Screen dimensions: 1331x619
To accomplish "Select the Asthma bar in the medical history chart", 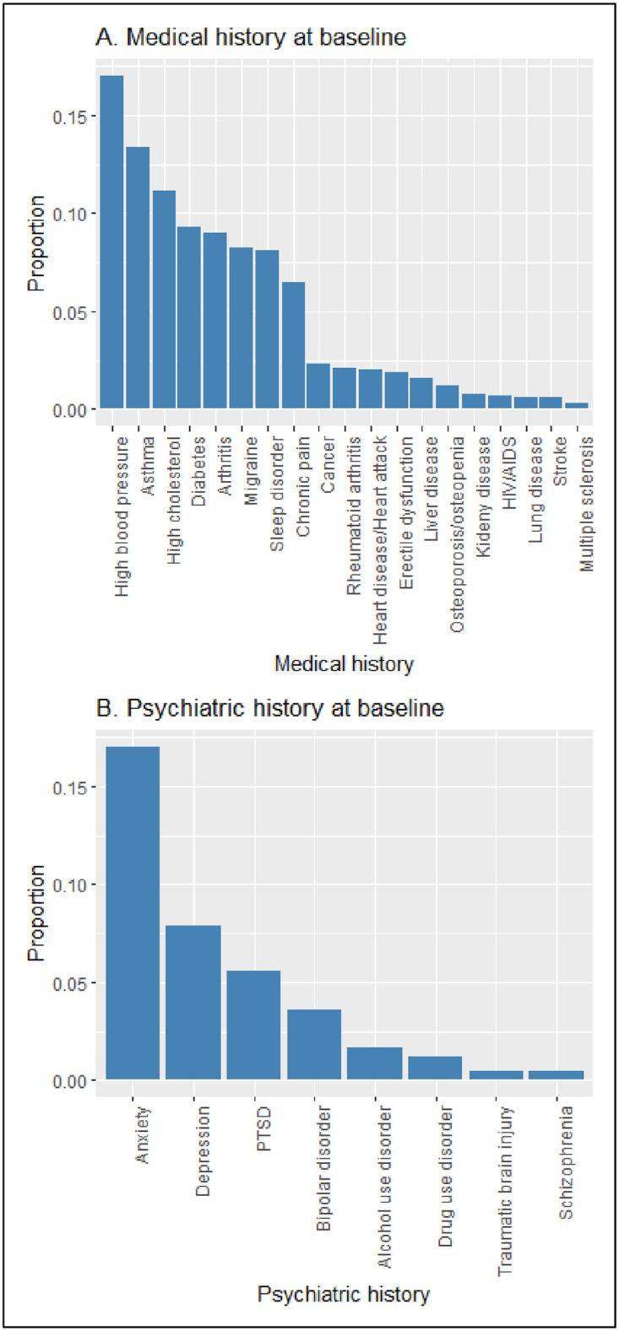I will [138, 278].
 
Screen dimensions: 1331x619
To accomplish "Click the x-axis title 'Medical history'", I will [344, 664].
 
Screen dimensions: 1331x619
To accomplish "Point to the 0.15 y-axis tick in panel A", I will [74, 116].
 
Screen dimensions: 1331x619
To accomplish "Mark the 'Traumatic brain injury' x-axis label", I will [502, 1182].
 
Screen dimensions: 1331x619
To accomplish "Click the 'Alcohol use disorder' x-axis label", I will [380, 1177].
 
